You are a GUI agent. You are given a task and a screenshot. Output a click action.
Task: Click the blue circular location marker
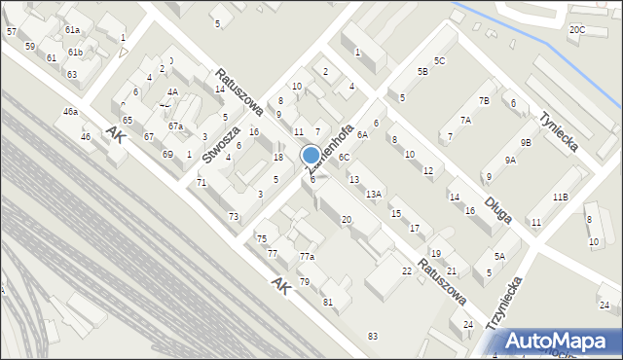(x=311, y=155)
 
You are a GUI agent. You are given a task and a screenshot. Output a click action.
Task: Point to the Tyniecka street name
(x=558, y=131)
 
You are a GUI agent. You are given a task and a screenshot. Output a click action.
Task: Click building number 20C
(x=577, y=29)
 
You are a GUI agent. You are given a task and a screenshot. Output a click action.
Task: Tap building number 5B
(x=422, y=71)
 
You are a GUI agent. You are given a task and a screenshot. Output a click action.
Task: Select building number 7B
(x=484, y=101)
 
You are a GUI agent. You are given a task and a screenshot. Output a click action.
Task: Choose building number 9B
(x=526, y=142)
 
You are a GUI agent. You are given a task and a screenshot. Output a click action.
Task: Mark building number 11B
(x=560, y=197)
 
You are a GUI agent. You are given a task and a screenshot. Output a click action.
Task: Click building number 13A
(x=374, y=195)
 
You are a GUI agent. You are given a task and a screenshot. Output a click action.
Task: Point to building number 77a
(x=307, y=256)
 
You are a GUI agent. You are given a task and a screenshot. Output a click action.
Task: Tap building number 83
(x=372, y=336)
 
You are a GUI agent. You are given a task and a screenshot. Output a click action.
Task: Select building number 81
(x=328, y=302)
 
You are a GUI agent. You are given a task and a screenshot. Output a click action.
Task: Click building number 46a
(x=71, y=113)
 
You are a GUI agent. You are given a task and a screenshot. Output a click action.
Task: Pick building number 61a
(x=73, y=30)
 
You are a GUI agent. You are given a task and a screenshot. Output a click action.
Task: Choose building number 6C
(x=344, y=157)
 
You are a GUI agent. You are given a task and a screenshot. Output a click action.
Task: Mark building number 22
(x=407, y=270)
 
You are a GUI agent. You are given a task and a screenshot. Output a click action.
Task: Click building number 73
(x=234, y=216)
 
